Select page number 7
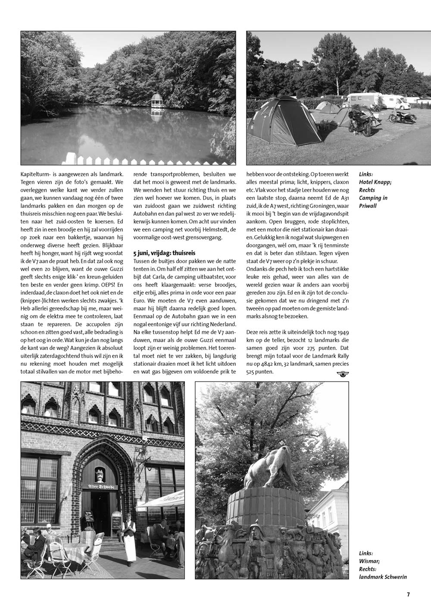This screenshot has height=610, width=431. (x=408, y=594)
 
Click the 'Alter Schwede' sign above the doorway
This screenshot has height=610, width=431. (x=101, y=487)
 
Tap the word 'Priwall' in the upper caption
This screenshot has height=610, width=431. (x=368, y=206)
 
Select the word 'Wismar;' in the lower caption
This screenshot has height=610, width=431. (x=369, y=561)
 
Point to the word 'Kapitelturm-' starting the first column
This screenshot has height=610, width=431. (x=36, y=175)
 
